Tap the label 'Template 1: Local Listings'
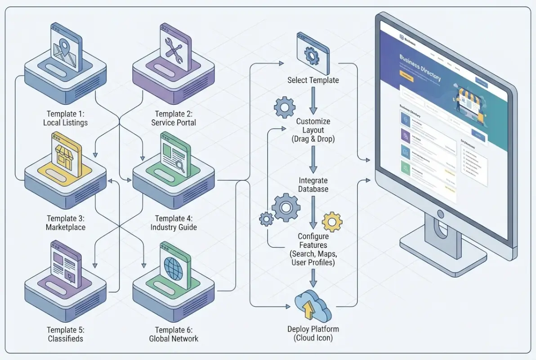[x=66, y=118]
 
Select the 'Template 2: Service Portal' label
[x=174, y=118]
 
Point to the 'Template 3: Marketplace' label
[x=66, y=223]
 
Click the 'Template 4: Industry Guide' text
[x=174, y=223]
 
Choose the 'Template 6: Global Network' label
[x=174, y=334]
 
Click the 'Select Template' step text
[x=313, y=81]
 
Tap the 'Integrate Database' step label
[x=313, y=185]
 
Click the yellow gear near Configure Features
[x=333, y=221]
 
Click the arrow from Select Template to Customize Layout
[x=313, y=101]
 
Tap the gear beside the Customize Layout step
[x=285, y=108]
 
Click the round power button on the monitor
[x=440, y=214]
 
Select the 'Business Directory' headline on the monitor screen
[x=420, y=68]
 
